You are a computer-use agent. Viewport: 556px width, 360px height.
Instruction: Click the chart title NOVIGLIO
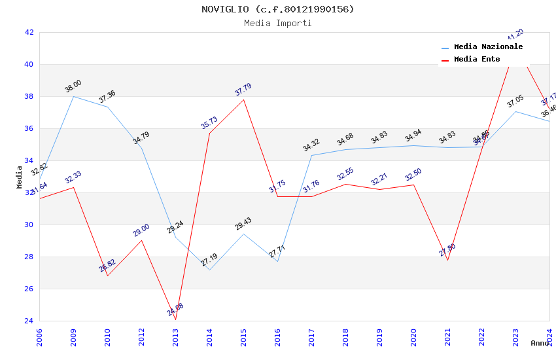click(x=277, y=9)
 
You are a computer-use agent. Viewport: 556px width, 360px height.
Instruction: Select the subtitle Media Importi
click(x=277, y=23)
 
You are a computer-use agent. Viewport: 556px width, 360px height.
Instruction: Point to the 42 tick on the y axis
click(x=29, y=32)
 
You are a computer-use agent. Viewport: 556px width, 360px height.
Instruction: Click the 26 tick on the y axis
click(x=29, y=289)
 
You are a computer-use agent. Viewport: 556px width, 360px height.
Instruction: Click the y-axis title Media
click(x=20, y=177)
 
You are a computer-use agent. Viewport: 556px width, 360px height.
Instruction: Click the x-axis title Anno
click(x=540, y=343)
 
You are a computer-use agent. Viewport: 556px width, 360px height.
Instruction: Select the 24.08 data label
click(x=175, y=310)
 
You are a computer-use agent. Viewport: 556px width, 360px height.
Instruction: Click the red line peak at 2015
click(x=243, y=99)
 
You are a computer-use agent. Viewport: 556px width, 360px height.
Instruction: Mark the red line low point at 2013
click(x=175, y=319)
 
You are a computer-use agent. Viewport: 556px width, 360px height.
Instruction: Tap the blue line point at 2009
click(x=73, y=96)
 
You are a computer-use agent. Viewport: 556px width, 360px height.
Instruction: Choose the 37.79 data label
click(x=243, y=90)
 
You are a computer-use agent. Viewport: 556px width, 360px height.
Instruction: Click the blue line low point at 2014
click(x=209, y=270)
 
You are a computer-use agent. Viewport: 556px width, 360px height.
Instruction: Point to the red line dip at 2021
click(x=447, y=260)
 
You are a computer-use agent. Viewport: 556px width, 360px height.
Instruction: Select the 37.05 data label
click(x=515, y=101)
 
